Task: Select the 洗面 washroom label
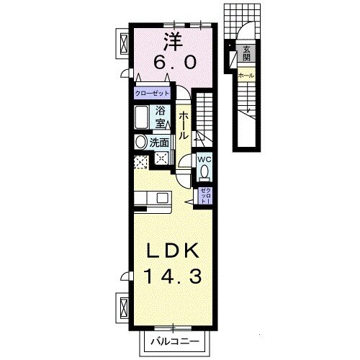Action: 159,143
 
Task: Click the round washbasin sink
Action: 140,143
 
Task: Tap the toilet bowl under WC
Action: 204,173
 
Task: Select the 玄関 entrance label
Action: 246,53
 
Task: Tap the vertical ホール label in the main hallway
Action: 184,124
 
